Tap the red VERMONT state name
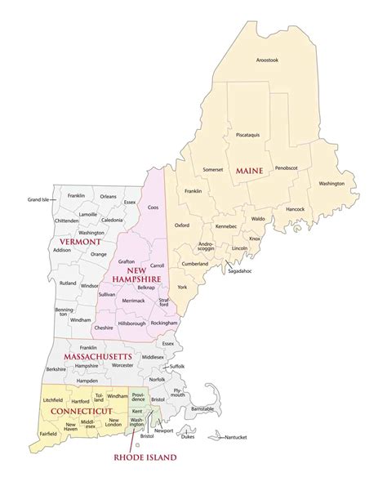point(80,243)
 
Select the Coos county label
point(152,207)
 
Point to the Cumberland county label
point(195,264)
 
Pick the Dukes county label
point(188,437)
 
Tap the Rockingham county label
point(166,323)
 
